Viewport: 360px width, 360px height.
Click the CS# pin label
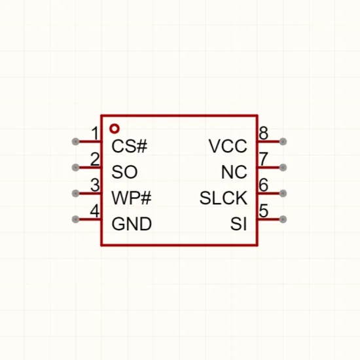(129, 146)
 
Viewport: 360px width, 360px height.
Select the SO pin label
(124, 172)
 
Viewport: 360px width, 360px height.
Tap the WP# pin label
(132, 198)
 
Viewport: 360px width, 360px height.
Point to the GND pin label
(132, 224)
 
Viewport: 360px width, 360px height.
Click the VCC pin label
(228, 146)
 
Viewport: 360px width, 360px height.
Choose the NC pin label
(234, 172)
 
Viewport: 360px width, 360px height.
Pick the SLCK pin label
(223, 198)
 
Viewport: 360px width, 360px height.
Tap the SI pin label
(238, 224)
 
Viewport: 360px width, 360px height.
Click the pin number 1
(96, 133)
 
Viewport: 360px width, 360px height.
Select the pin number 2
(95, 159)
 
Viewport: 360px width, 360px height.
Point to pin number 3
(95, 185)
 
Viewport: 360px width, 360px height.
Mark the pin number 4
(95, 211)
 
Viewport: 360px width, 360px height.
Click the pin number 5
(263, 211)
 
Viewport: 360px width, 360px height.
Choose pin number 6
(263, 185)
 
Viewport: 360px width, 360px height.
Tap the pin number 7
(263, 159)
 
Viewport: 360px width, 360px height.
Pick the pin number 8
(263, 133)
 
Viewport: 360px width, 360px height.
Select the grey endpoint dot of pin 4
(75, 219)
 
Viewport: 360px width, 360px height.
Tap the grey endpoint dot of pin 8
(283, 141)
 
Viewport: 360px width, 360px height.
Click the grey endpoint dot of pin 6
(283, 193)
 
